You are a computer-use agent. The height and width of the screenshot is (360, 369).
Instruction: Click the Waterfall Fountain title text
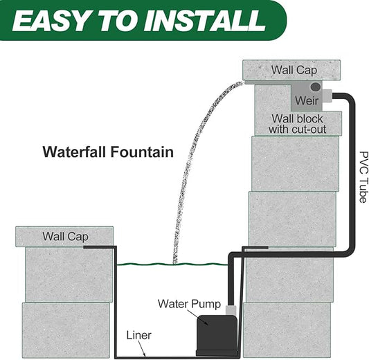(108, 152)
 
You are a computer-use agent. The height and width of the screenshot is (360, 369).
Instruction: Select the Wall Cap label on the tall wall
(294, 70)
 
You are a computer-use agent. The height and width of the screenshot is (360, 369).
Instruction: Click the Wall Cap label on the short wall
(65, 237)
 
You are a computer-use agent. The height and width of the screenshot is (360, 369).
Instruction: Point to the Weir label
(307, 100)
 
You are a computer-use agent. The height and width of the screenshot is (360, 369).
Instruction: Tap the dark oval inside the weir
(316, 87)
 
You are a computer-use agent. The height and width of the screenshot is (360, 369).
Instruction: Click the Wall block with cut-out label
(298, 124)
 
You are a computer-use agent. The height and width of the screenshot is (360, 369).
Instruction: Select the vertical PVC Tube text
(363, 177)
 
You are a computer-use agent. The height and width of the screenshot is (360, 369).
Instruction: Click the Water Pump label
(190, 304)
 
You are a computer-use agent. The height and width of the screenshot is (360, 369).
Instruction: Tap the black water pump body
(217, 336)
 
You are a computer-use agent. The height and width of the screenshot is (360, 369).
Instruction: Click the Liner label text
(139, 335)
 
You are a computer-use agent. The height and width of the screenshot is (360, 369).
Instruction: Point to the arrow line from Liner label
(142, 348)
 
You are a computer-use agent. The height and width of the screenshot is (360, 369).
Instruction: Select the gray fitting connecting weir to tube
(327, 96)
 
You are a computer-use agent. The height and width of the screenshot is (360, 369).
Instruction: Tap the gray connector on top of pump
(231, 310)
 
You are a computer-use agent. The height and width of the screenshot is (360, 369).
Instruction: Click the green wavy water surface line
(172, 264)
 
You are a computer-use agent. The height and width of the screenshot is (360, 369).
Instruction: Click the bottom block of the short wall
(66, 330)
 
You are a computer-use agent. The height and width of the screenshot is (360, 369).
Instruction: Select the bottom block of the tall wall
(287, 330)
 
